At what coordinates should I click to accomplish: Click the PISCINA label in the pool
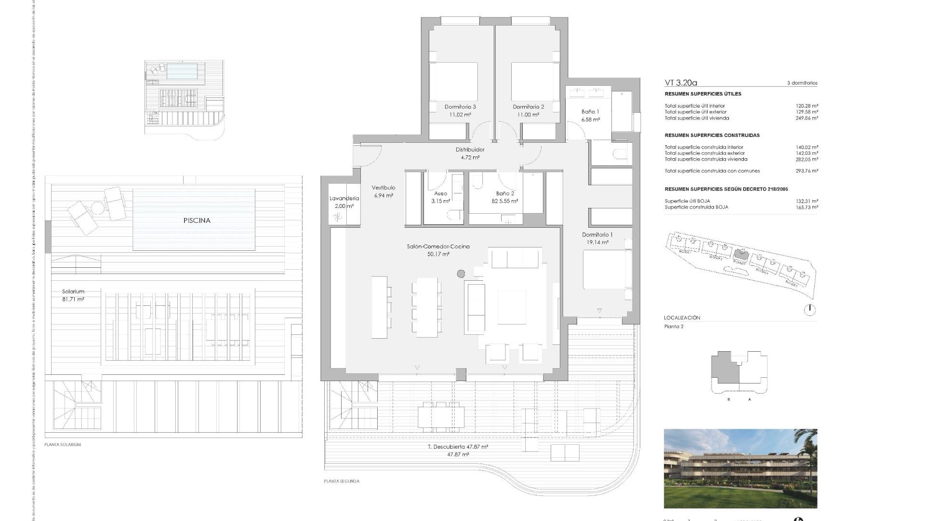[197, 220]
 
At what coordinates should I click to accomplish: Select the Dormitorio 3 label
[460, 107]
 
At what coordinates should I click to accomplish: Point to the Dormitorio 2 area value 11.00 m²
[529, 115]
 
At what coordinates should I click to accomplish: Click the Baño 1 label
[590, 112]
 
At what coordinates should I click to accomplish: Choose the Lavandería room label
[344, 198]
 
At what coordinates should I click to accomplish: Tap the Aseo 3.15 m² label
[440, 197]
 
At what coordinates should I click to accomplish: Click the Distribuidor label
[470, 150]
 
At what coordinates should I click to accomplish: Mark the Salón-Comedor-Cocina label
[438, 247]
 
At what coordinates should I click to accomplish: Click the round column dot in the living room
[461, 274]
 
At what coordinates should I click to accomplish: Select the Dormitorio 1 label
[597, 235]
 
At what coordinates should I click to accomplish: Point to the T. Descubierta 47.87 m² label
[458, 447]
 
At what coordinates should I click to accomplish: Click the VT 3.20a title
[681, 83]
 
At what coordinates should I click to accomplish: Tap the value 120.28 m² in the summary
[807, 106]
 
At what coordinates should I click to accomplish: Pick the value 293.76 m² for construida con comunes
[807, 171]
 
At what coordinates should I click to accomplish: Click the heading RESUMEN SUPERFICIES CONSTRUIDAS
[712, 136]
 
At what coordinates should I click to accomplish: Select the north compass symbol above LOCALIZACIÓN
[810, 309]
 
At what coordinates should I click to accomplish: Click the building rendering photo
[740, 468]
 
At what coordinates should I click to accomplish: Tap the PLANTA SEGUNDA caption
[342, 481]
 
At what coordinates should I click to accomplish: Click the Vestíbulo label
[383, 188]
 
